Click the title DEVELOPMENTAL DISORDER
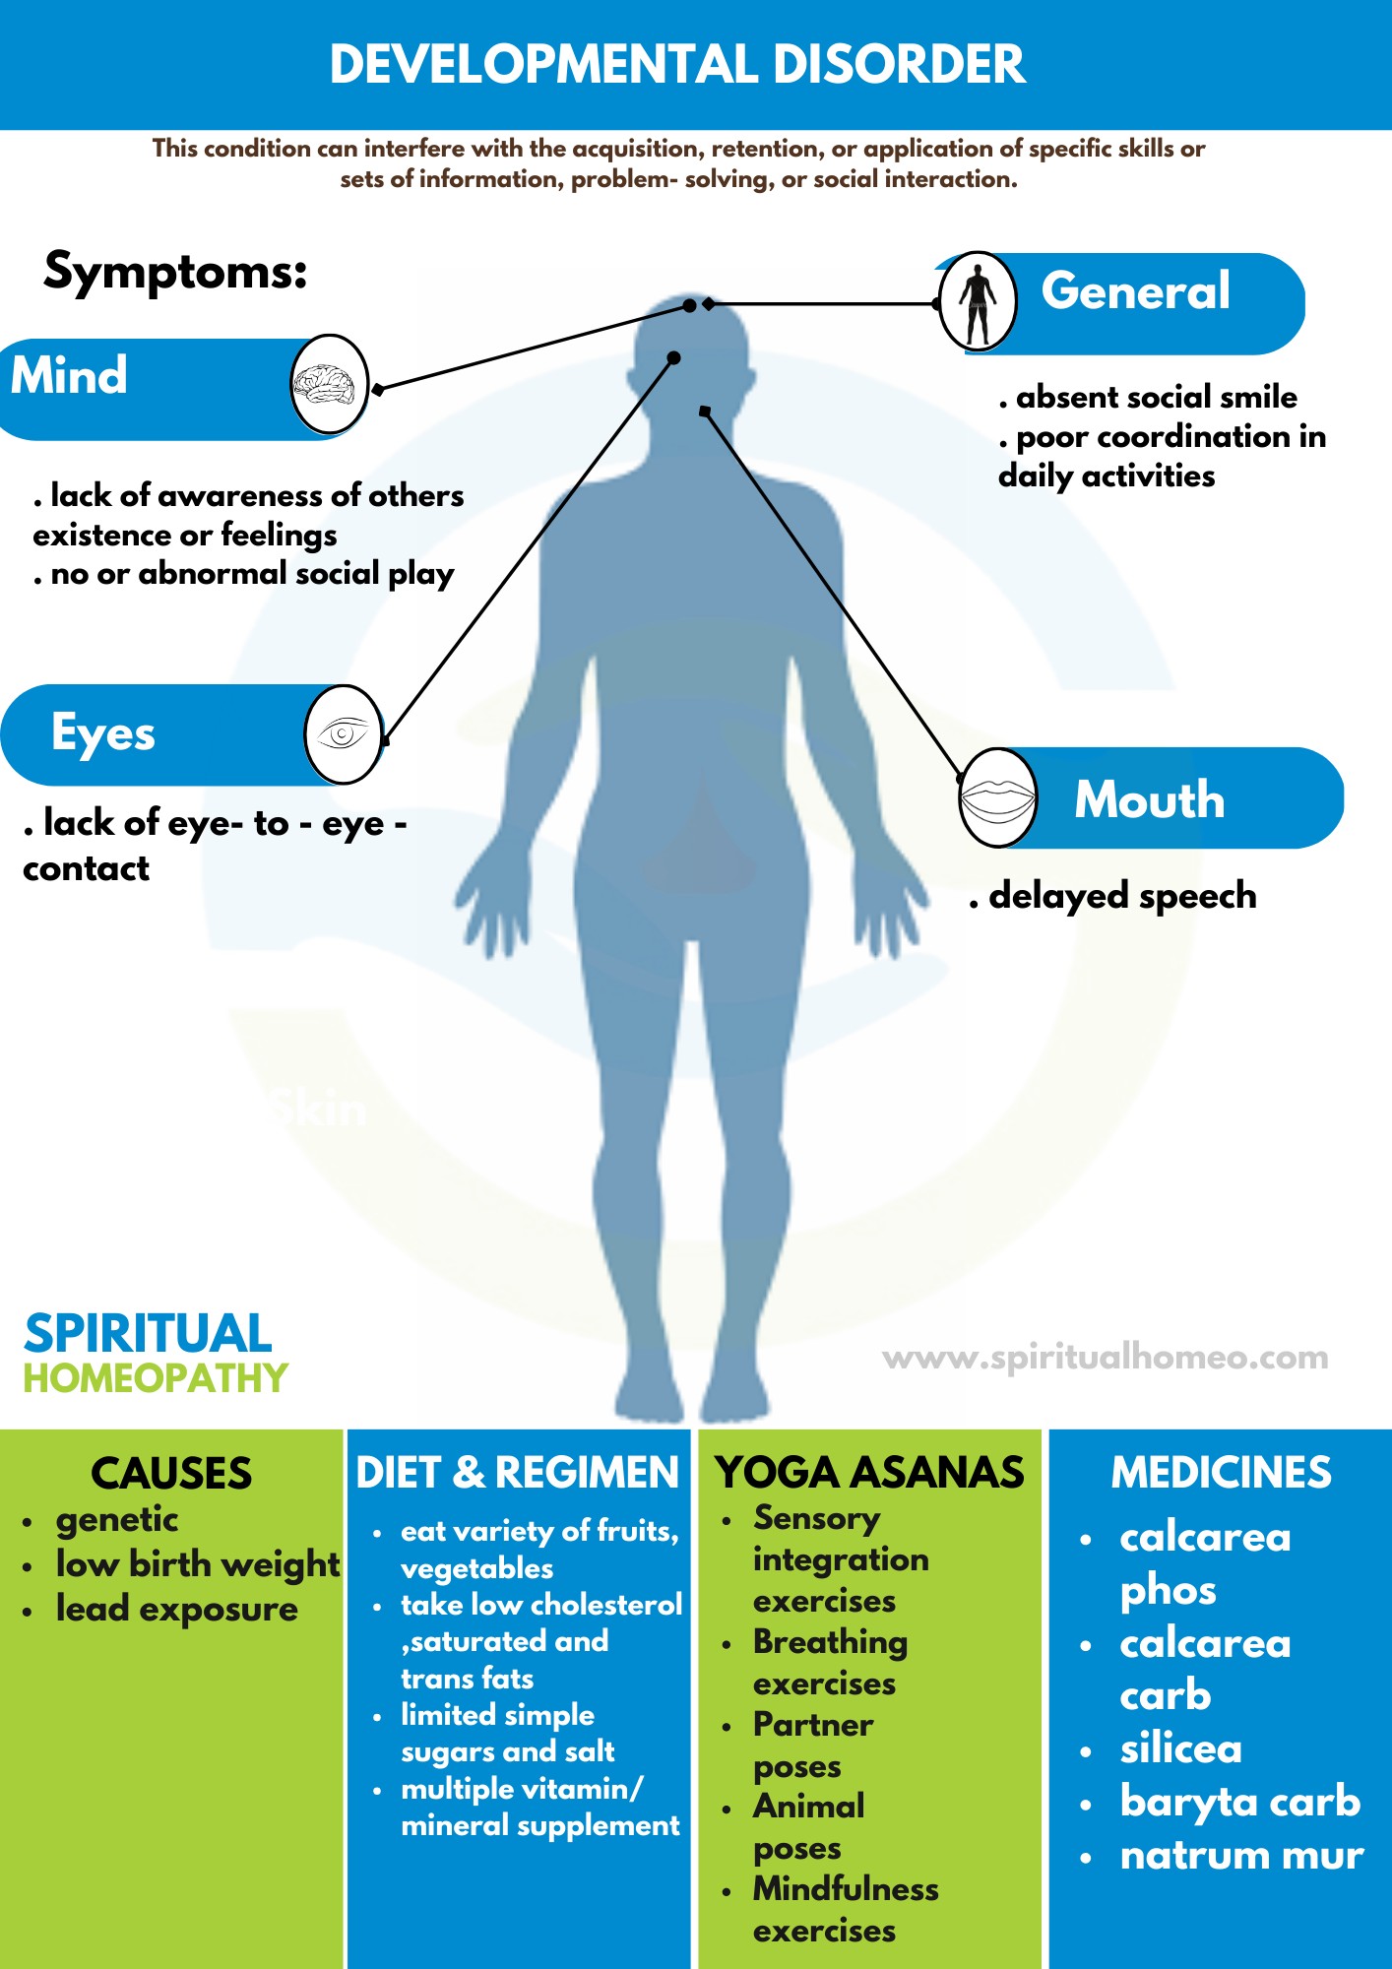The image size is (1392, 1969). pos(677,65)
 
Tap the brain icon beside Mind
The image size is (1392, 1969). pos(329,385)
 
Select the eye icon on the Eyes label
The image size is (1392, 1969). pos(342,734)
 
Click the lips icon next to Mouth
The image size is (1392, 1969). pos(997,797)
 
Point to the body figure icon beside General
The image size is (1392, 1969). pos(977,302)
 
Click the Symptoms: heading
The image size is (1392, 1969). pos(176,271)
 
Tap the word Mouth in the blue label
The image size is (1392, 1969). pos(1149,799)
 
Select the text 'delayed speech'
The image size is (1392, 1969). pos(1122,896)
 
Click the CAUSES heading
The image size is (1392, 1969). pos(171,1474)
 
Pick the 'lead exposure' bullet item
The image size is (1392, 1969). pos(176,1609)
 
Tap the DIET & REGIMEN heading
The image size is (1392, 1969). pos(518,1473)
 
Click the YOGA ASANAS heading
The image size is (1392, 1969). pos(870,1473)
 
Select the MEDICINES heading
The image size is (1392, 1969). pos(1221,1473)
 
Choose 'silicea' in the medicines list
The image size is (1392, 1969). pos(1180,1749)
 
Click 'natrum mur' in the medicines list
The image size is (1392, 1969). pos(1241,1856)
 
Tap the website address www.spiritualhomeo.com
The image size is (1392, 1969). pos(1105,1358)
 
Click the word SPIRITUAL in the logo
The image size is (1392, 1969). pos(148,1334)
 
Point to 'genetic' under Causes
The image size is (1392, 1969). pos(116,1520)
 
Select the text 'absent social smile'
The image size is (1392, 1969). pos(1156,397)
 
